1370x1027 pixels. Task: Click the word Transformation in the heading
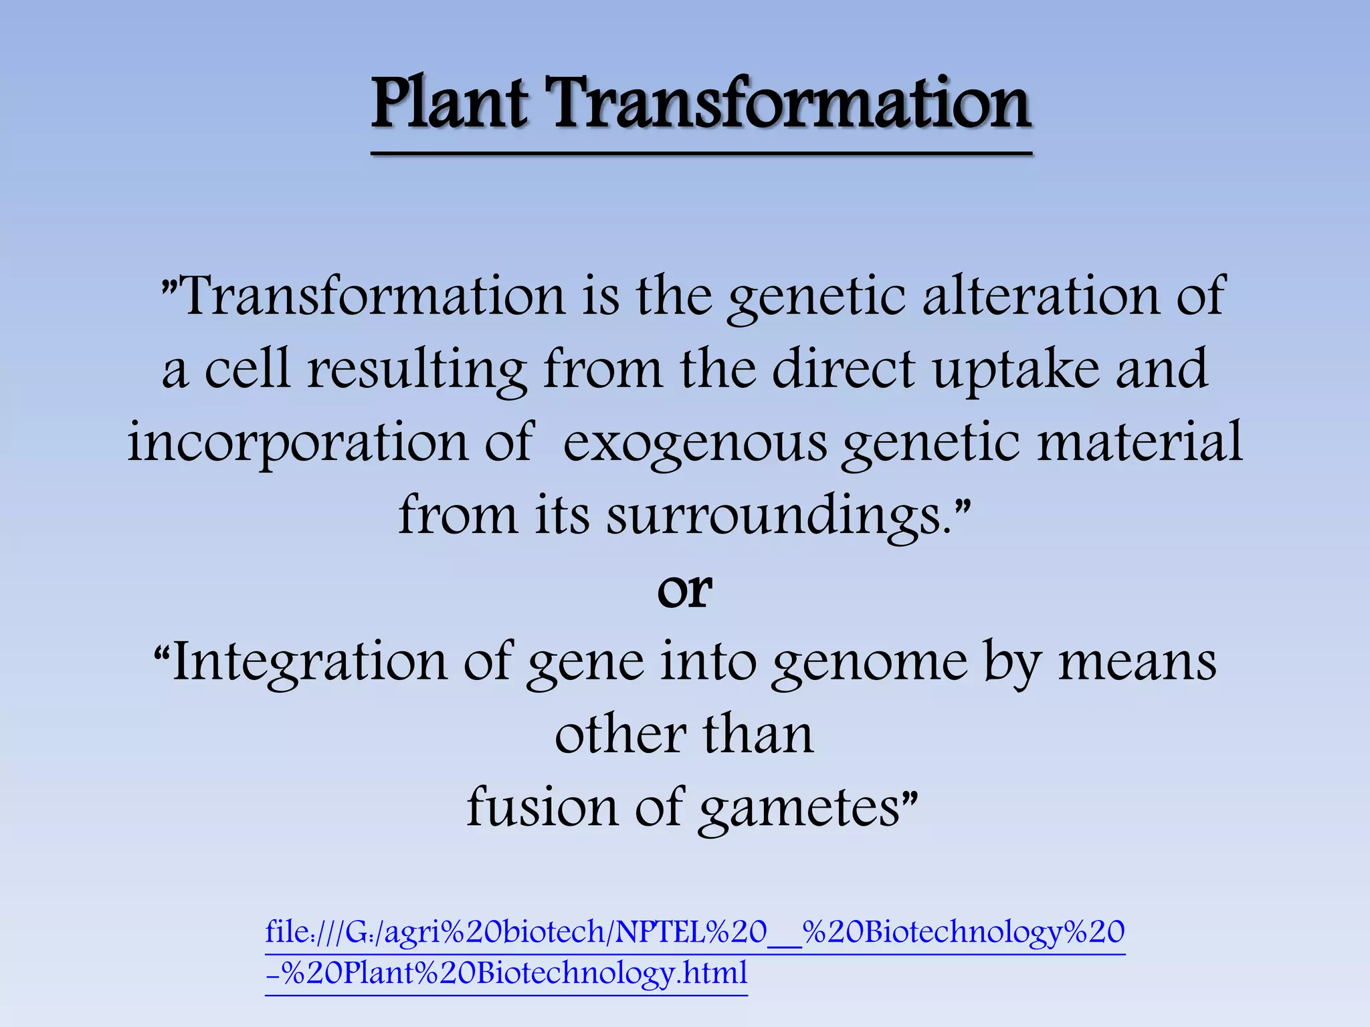click(x=789, y=104)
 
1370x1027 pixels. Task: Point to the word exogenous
click(x=694, y=443)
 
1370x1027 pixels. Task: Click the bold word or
click(x=684, y=590)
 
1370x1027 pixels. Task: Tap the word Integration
click(x=308, y=663)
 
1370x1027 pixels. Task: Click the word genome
click(x=870, y=663)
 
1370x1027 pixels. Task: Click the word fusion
click(x=543, y=807)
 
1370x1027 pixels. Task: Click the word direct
click(x=843, y=370)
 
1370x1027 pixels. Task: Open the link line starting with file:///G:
click(x=694, y=932)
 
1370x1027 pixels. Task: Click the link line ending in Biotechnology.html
click(x=506, y=973)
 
